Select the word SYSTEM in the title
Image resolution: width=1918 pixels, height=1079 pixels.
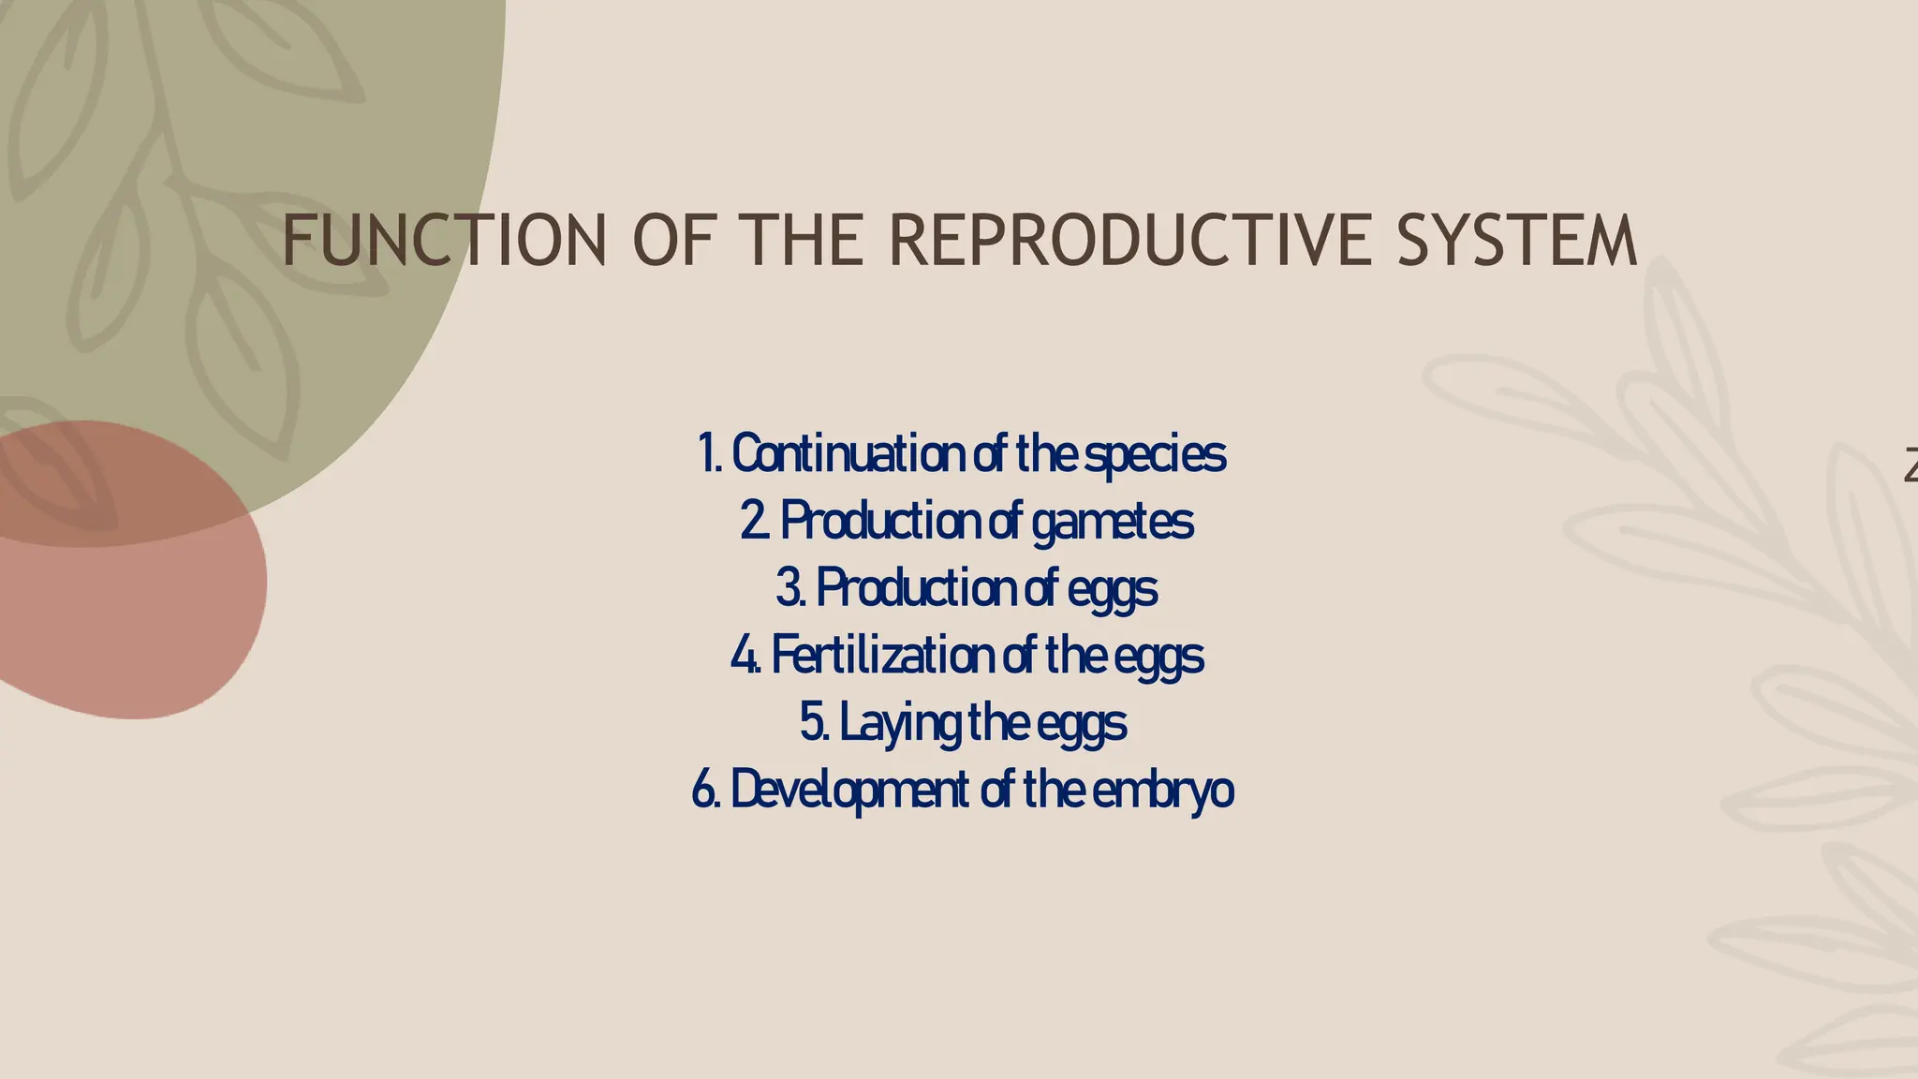(1517, 241)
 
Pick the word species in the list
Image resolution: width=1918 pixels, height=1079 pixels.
(1155, 456)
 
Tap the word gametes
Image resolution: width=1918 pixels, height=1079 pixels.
(1113, 523)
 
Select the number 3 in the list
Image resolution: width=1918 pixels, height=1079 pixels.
(788, 589)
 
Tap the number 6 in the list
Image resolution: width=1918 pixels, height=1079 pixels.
(703, 791)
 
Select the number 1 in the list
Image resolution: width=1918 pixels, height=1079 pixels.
(706, 454)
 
